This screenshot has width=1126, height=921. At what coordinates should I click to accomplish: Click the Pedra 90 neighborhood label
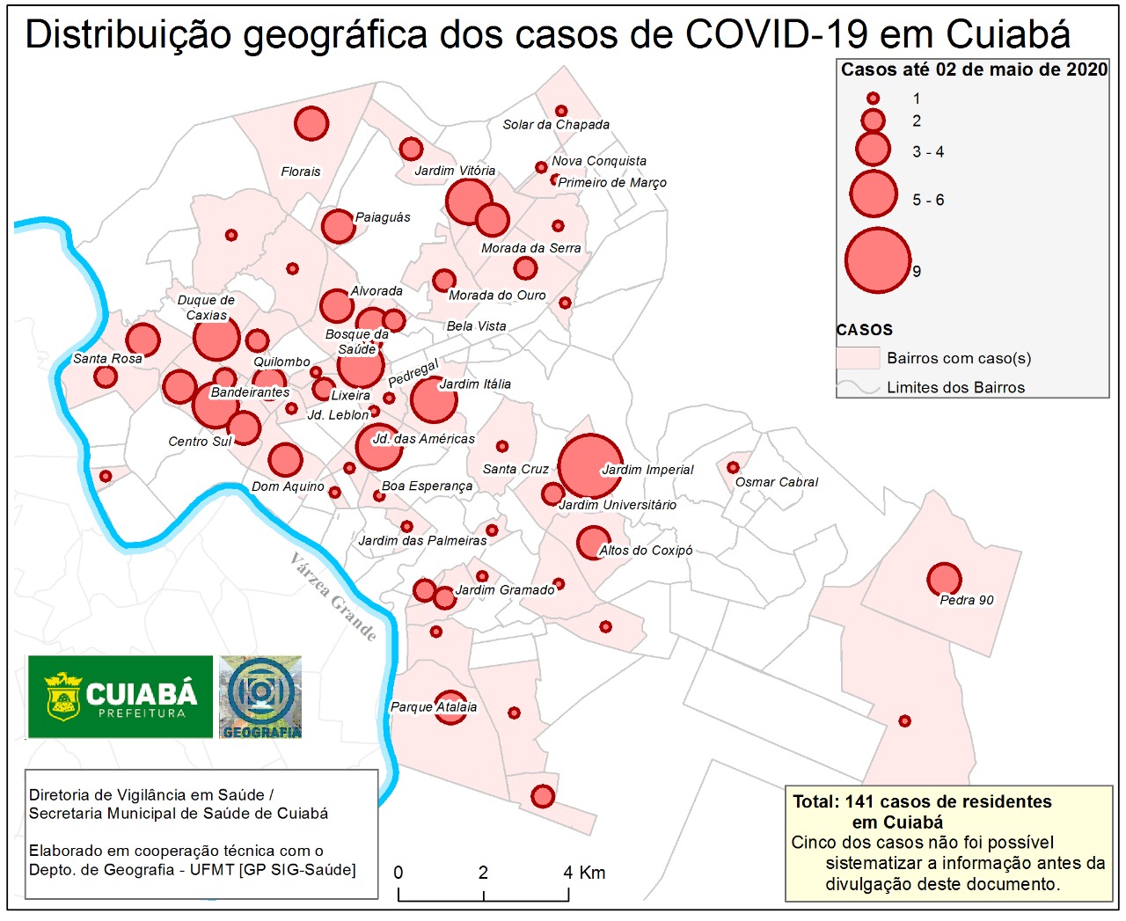tap(966, 600)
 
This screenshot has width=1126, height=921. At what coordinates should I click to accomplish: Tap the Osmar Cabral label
tap(776, 482)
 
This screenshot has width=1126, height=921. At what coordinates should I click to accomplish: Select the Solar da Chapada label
tap(556, 125)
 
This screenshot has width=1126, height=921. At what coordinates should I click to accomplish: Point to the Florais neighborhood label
tap(301, 172)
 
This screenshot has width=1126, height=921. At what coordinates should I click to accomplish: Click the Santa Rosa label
tap(107, 359)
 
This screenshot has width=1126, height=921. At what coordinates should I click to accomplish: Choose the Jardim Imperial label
tap(647, 470)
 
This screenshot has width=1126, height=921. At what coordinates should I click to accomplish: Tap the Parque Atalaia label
tap(434, 707)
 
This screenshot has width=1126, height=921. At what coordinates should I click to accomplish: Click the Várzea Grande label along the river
tap(333, 597)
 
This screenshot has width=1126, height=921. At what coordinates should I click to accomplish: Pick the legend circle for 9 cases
tap(877, 260)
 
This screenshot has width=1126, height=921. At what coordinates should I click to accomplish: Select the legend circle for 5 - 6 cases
tap(874, 194)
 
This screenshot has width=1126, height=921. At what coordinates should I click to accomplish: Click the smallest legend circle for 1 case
tap(873, 99)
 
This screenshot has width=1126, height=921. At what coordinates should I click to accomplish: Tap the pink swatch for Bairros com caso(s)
tap(858, 358)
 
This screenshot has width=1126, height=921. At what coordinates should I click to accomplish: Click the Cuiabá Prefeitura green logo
tap(121, 697)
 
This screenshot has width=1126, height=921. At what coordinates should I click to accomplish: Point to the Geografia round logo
tap(260, 697)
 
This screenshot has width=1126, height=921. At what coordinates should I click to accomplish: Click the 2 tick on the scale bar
tap(483, 873)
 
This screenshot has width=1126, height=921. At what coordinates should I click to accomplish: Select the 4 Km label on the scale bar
tap(584, 873)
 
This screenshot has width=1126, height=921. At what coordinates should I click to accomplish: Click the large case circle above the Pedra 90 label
tap(944, 579)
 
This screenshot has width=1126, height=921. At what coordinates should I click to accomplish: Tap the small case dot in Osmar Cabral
tap(733, 467)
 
